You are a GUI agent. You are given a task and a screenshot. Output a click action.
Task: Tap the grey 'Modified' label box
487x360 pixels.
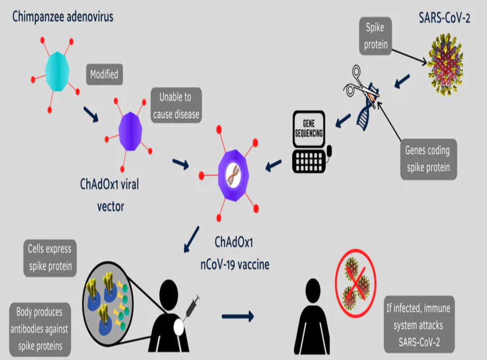pyautogui.click(x=104, y=75)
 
